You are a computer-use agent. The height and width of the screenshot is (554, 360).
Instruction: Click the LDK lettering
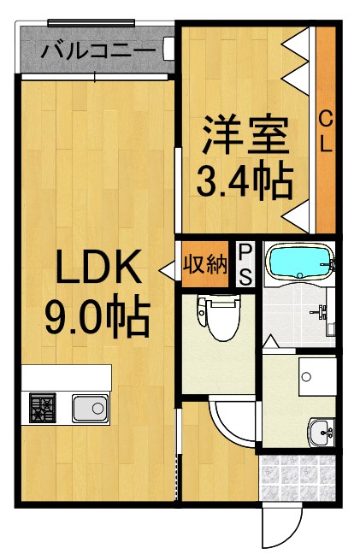click(97, 272)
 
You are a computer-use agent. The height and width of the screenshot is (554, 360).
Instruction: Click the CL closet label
click(326, 131)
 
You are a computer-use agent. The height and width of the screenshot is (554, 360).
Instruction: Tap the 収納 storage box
click(205, 263)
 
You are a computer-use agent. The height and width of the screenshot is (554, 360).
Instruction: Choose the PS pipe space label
click(245, 264)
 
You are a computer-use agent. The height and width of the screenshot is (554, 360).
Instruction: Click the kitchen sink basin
click(88, 408)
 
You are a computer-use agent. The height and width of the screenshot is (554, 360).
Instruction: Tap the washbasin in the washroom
click(321, 432)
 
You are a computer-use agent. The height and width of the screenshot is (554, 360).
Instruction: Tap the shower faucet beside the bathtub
click(328, 313)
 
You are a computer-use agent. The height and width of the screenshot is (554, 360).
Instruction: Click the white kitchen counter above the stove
click(67, 377)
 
